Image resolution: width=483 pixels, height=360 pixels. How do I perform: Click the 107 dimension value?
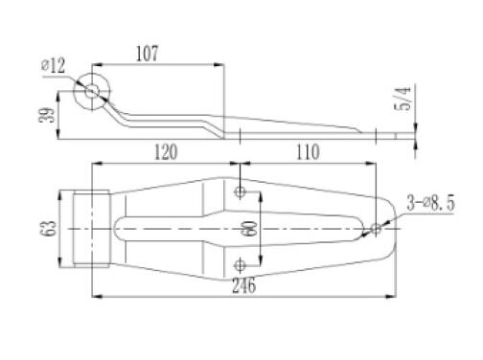click(x=147, y=54)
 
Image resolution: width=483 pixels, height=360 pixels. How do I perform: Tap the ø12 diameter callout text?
click(x=53, y=65)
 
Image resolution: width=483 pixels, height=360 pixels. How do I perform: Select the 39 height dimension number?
click(x=47, y=115)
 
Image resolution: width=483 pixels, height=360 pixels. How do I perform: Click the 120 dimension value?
click(x=166, y=152)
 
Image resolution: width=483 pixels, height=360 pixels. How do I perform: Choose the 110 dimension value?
click(x=308, y=152)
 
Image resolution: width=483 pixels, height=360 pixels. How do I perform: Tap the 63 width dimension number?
click(x=48, y=228)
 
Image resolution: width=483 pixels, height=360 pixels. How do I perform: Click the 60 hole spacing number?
click(x=250, y=228)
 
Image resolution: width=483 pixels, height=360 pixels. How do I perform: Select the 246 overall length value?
click(x=243, y=285)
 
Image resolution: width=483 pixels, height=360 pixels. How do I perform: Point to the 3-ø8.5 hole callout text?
click(x=430, y=203)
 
